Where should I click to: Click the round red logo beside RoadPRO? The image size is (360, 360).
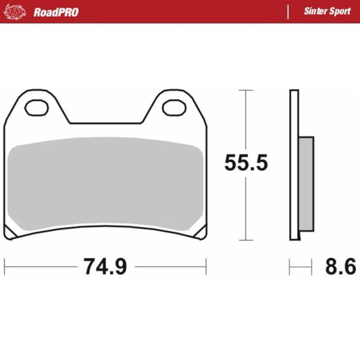click(16, 11)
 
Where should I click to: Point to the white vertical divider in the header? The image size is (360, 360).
click(288, 11)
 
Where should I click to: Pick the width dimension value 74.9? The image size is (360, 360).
click(105, 267)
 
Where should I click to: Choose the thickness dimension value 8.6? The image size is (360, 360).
click(340, 267)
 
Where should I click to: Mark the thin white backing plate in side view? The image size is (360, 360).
click(294, 165)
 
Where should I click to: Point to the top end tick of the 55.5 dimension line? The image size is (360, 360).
click(247, 91)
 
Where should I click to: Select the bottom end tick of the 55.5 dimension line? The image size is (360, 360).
click(247, 240)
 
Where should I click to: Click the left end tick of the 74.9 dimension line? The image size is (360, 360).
click(5, 267)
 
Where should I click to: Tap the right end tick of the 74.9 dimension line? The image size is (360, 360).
click(206, 267)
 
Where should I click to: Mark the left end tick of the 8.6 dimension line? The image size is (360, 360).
click(290, 267)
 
